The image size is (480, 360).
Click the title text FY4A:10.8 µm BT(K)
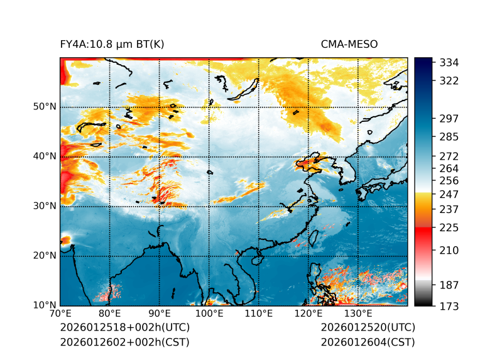click(x=112, y=44)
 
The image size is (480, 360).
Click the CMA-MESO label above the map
click(x=349, y=44)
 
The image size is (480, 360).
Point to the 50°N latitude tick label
click(x=45, y=106)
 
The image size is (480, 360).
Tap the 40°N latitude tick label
click(x=45, y=156)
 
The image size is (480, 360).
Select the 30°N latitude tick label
click(x=45, y=205)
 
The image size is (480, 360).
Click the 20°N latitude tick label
click(x=45, y=255)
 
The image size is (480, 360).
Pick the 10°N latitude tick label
click(x=45, y=305)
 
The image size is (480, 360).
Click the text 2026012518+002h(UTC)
click(x=124, y=328)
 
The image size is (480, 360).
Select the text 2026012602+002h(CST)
click(x=124, y=342)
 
